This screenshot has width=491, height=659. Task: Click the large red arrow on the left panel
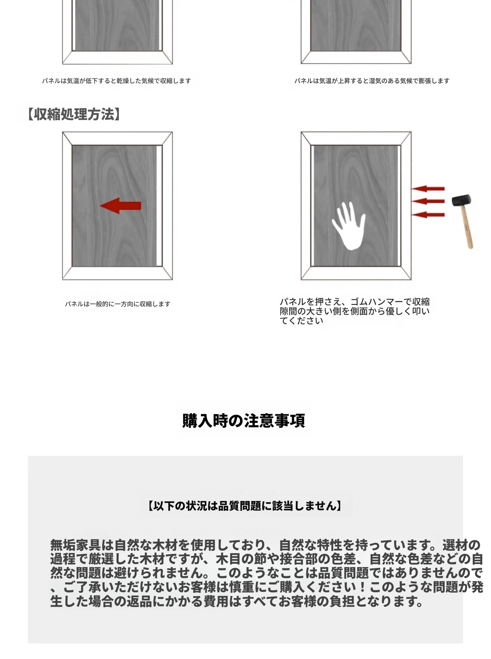point(120,206)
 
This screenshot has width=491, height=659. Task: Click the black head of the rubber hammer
point(462,200)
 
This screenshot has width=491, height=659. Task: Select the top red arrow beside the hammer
point(428,188)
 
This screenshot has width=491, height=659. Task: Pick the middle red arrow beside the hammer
point(428,201)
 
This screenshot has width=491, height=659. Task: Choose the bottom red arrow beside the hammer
point(428,215)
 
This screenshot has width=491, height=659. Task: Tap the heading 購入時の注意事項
point(244,420)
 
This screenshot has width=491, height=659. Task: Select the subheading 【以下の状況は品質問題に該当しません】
point(245,506)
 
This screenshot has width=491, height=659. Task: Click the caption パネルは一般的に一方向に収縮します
point(118,304)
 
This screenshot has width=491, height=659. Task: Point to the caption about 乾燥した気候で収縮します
point(116,81)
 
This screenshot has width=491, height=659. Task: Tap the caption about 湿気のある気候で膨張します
point(372,81)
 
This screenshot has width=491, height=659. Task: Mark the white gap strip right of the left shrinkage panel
point(159,206)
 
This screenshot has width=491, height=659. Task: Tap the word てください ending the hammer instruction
point(301,321)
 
